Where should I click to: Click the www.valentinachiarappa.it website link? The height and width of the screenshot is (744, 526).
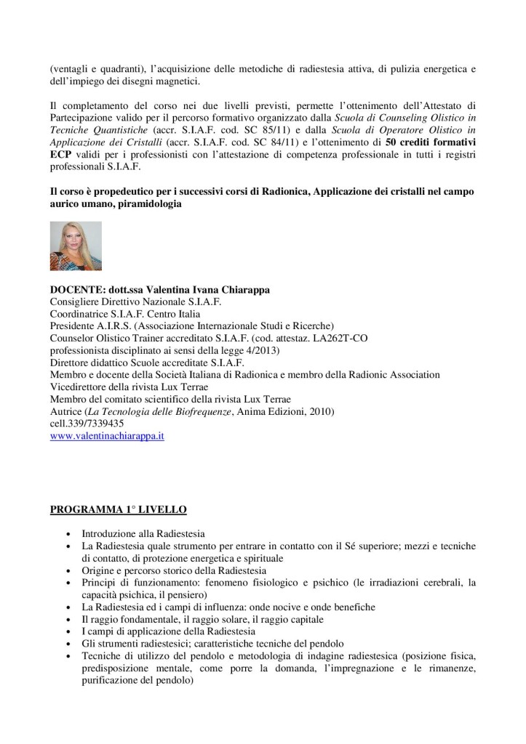[x=106, y=437]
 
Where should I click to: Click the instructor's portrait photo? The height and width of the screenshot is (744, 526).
[x=76, y=246]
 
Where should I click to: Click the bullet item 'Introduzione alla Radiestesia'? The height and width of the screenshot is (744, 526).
[x=143, y=533]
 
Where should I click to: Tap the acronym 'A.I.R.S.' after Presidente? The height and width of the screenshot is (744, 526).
[x=113, y=325]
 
